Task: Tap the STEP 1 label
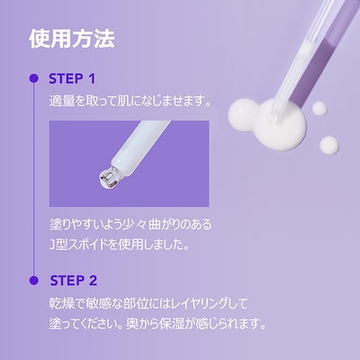click(x=81, y=78)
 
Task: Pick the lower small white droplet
click(x=328, y=147)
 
